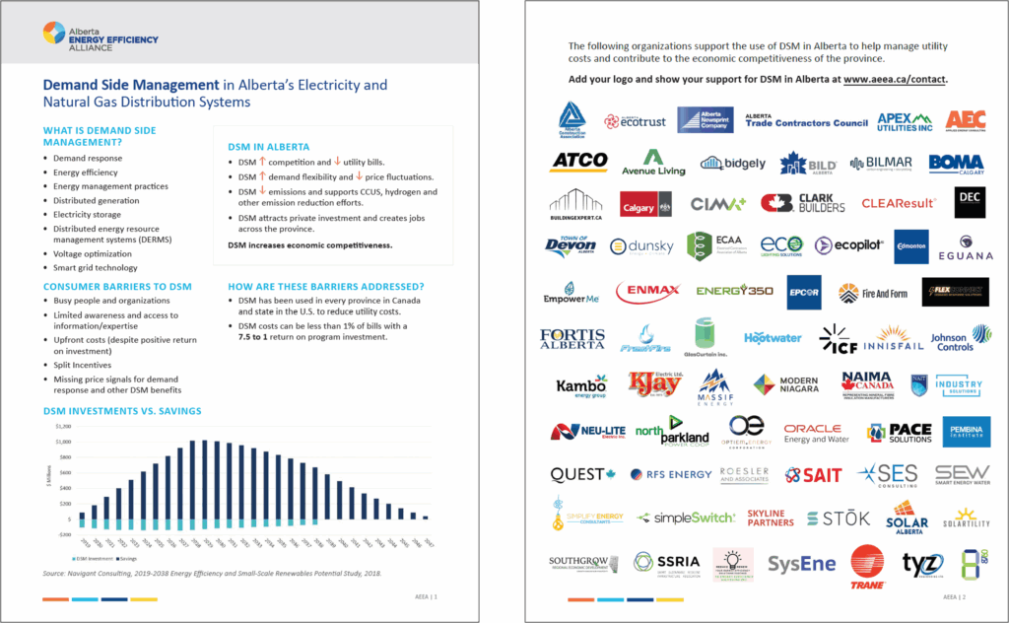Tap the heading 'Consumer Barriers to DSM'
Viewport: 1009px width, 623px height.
pyautogui.click(x=117, y=286)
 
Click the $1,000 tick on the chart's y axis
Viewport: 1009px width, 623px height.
pyautogui.click(x=63, y=441)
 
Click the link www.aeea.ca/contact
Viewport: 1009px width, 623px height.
pyautogui.click(x=895, y=78)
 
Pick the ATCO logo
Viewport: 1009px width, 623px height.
pyautogui.click(x=579, y=161)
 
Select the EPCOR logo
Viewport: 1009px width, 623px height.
pyautogui.click(x=804, y=292)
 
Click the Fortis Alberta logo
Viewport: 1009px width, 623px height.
pyautogui.click(x=572, y=339)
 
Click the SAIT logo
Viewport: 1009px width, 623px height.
pyautogui.click(x=814, y=475)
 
